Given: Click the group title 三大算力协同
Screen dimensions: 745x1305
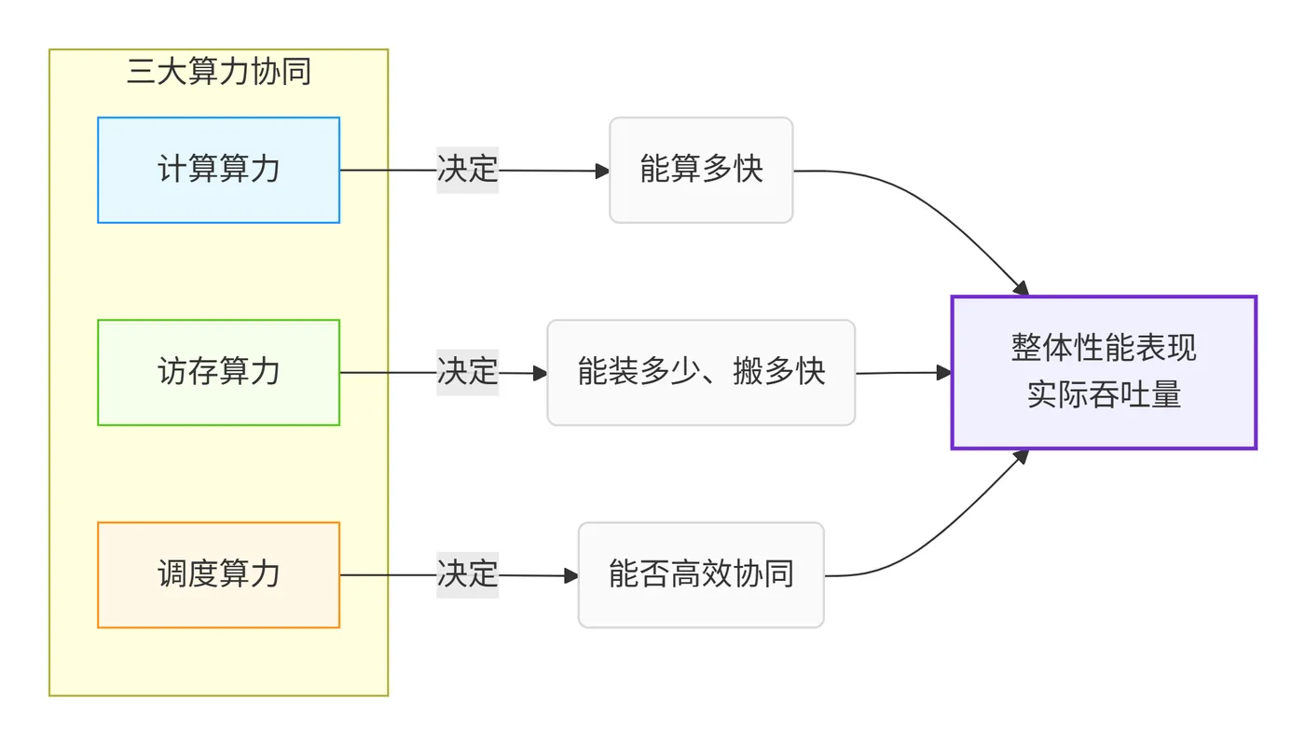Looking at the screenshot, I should coord(219,72).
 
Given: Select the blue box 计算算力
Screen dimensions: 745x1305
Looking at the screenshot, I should coord(219,170).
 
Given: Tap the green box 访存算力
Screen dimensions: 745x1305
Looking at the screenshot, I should coord(219,372).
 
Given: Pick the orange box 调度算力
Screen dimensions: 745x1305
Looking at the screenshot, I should coord(219,574).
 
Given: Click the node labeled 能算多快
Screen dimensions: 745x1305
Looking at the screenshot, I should coord(701,170).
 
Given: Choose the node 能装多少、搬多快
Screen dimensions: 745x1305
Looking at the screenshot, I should coord(701,372).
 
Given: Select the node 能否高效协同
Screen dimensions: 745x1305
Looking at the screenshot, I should coord(701,574).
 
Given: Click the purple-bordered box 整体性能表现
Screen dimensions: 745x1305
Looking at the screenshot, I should coord(1104,347).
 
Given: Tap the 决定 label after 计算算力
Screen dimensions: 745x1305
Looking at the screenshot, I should coord(468,170).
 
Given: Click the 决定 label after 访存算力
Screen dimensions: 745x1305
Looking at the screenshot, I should coord(468,372).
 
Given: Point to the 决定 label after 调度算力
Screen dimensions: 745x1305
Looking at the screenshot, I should coord(468,574).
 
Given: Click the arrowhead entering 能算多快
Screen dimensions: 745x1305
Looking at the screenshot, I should coord(602,171).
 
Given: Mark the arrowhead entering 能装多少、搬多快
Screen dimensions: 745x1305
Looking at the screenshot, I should coord(540,373).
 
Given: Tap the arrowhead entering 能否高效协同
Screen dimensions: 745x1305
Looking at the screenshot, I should coord(571,575).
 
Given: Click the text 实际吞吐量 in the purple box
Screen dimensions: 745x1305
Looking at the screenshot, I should coord(1104,395).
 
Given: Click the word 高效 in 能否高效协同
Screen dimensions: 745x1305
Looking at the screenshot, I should coord(701,574).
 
